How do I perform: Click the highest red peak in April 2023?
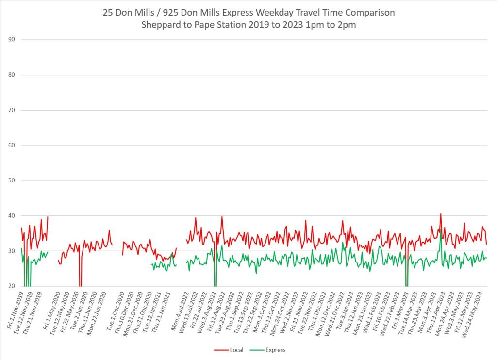click(x=441, y=214)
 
